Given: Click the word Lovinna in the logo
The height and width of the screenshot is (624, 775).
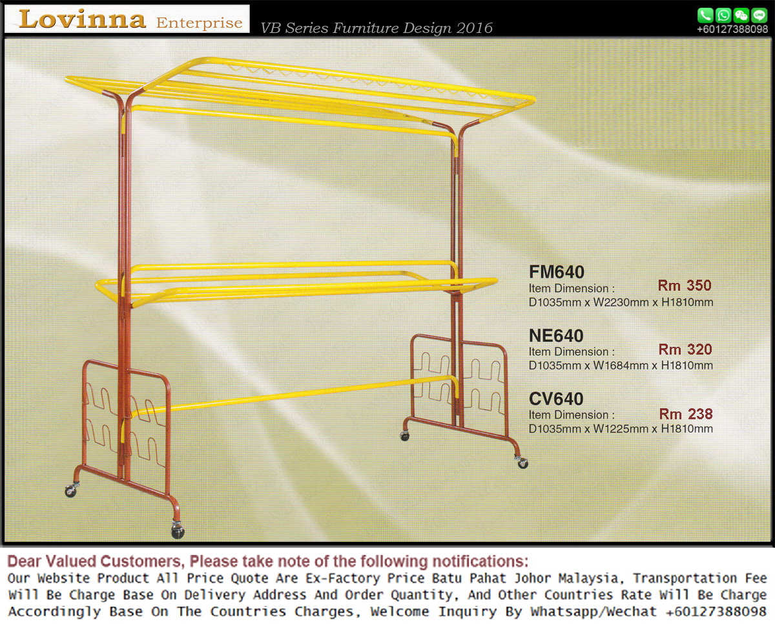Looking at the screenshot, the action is [x=82, y=19].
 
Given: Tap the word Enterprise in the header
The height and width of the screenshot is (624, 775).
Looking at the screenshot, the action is [x=199, y=23].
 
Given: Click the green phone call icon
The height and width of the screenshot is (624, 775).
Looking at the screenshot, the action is [x=705, y=16].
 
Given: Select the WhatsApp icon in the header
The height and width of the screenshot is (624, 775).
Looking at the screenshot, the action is [x=723, y=16].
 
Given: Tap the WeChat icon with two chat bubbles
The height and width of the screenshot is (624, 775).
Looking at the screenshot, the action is [x=741, y=16].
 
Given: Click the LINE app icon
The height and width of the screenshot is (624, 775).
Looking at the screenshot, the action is [x=759, y=16].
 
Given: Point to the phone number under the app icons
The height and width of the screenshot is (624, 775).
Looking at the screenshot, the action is [x=732, y=29].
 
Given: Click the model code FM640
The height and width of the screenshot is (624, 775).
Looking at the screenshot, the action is [x=557, y=272].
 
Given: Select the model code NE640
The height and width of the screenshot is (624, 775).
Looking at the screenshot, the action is [x=556, y=336].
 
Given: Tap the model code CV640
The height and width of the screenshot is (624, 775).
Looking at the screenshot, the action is [x=556, y=399].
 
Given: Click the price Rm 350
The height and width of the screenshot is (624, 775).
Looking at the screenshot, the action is [x=685, y=286].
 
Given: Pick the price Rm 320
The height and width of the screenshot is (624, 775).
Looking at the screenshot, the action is [x=685, y=349].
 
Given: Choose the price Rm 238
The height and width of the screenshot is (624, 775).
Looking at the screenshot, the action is [x=686, y=414].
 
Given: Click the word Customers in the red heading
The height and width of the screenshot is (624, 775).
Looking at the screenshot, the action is [x=140, y=561].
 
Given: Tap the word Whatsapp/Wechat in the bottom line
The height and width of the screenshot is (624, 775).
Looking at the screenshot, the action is [x=593, y=611].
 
